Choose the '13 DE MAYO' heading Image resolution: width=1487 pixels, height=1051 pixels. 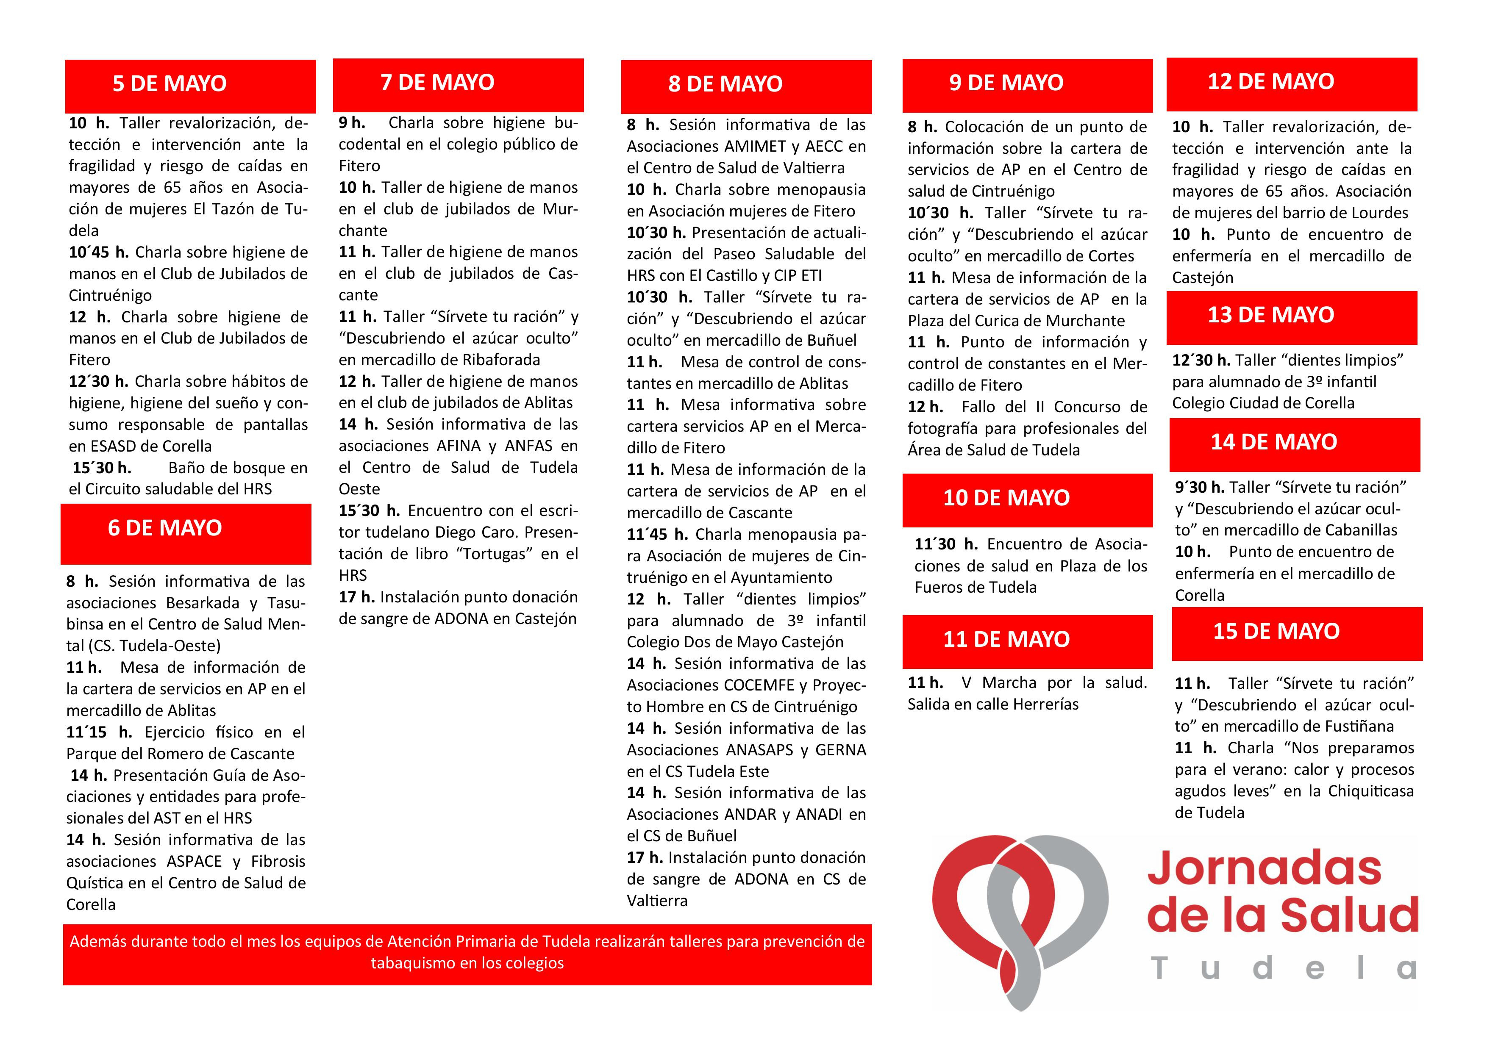[x=1271, y=315]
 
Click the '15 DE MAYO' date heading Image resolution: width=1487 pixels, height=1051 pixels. [x=1276, y=631]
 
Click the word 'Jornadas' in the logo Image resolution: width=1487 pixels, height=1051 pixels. [x=1264, y=869]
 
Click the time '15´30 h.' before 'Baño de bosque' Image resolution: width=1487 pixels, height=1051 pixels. [x=102, y=468]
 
